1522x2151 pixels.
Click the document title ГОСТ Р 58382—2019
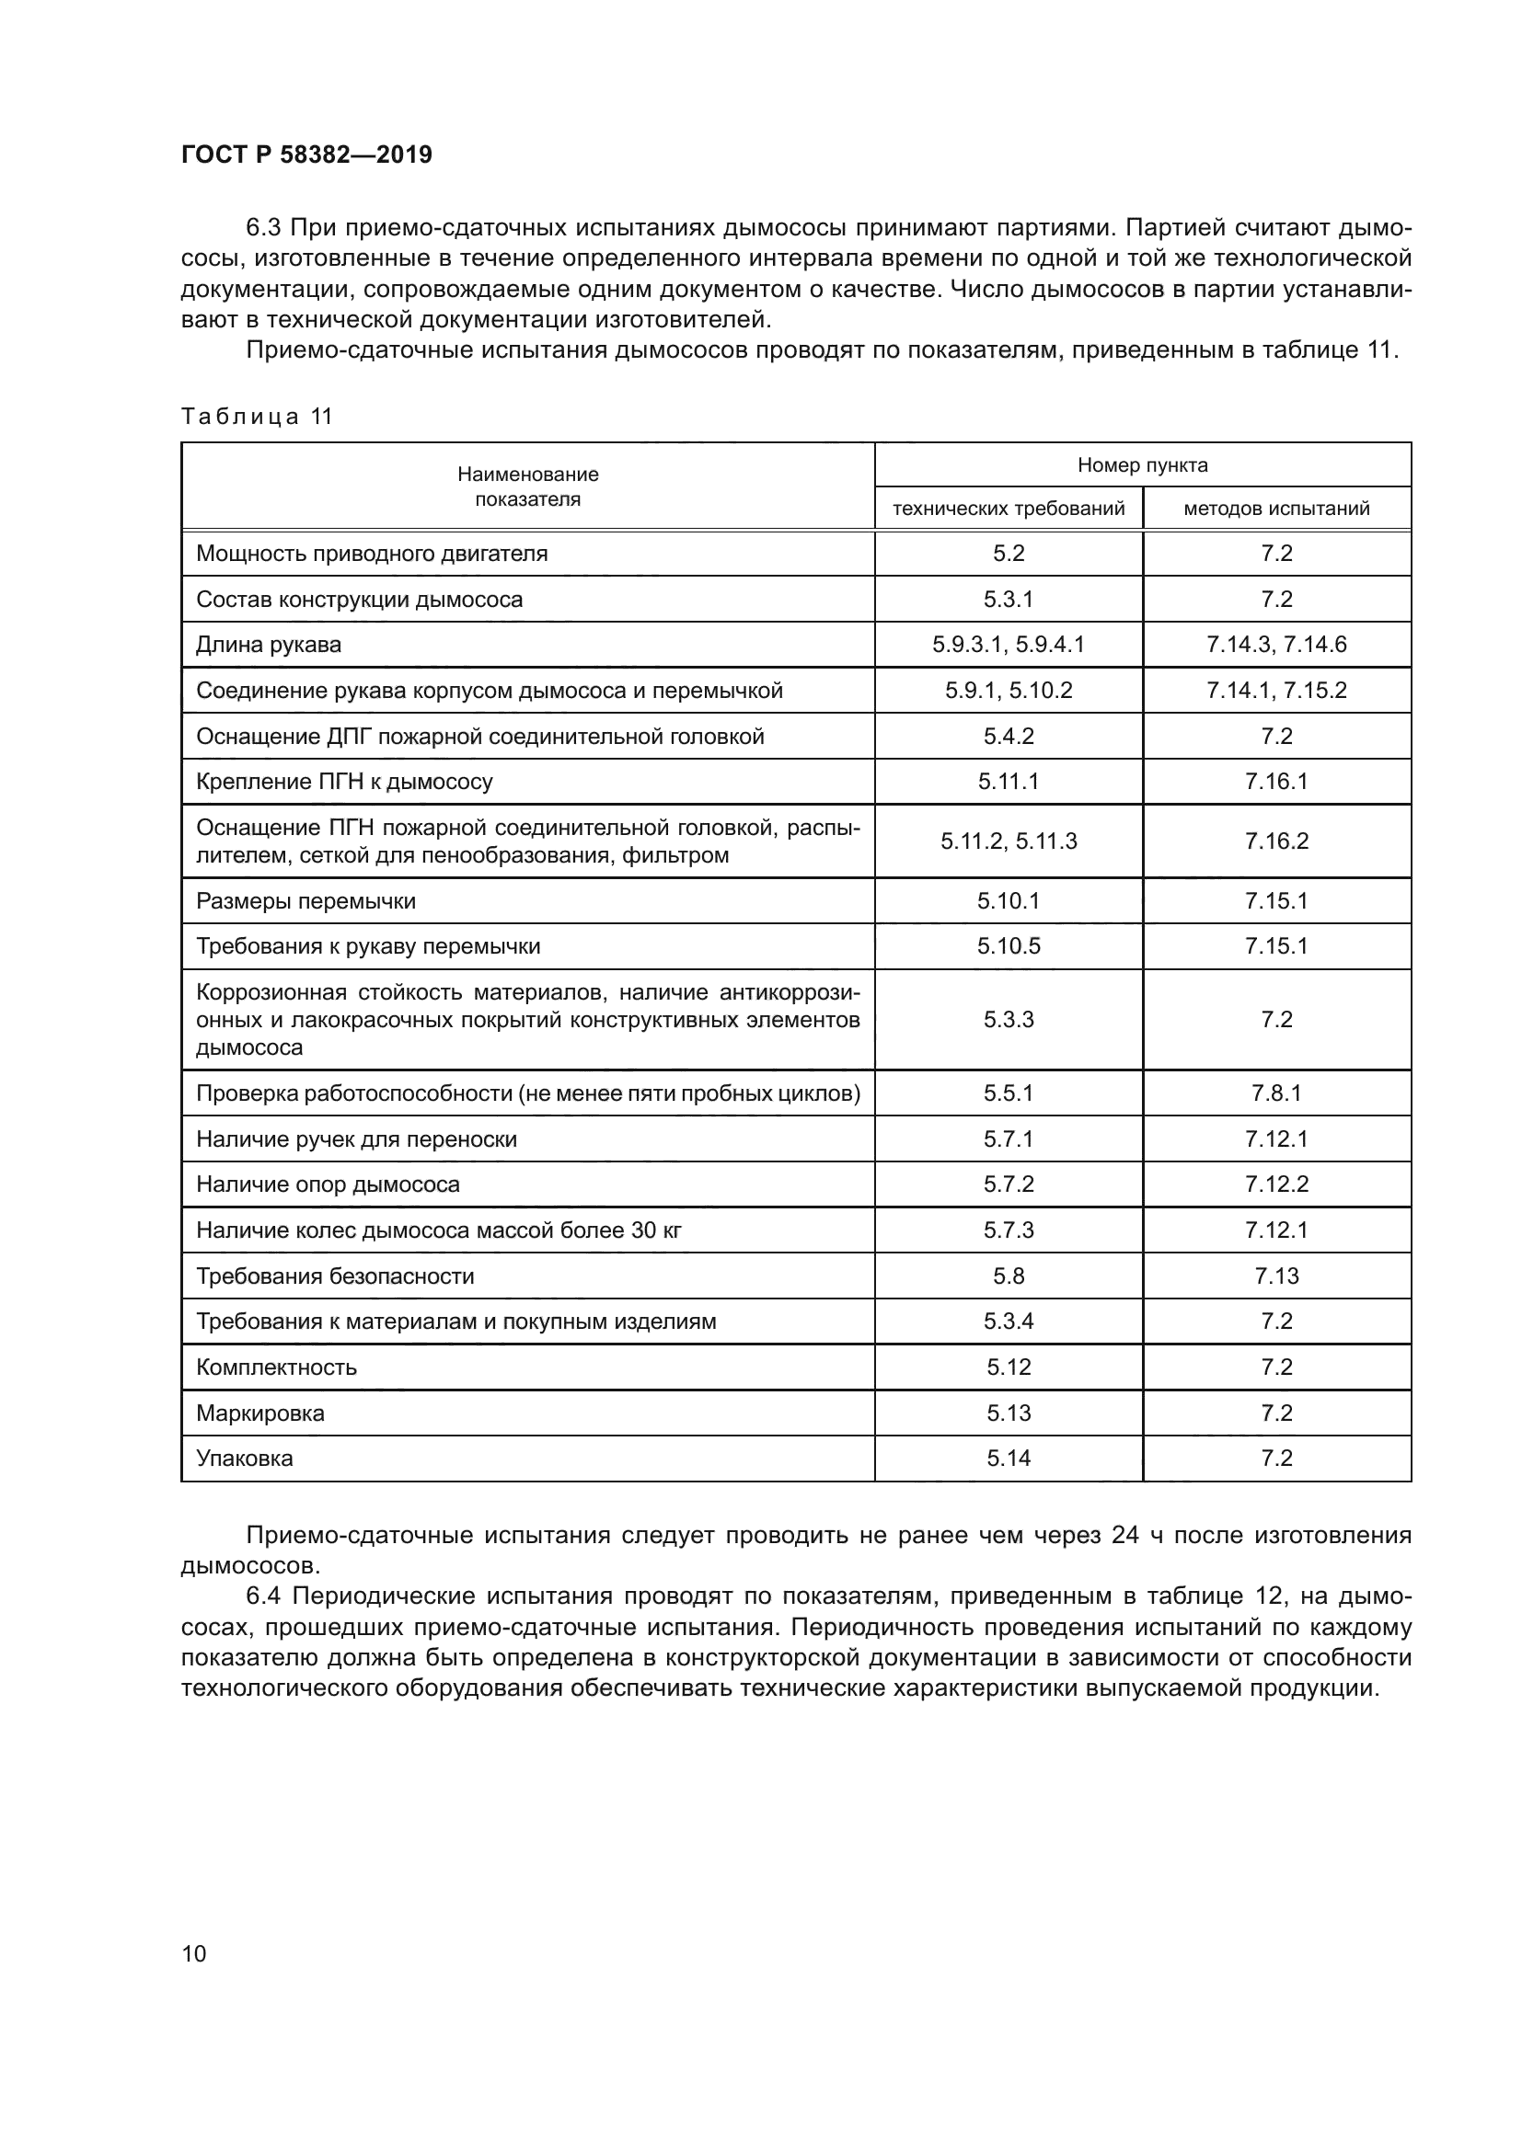[x=306, y=154]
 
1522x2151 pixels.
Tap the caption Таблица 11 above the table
[x=257, y=417]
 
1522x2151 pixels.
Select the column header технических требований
[x=1009, y=509]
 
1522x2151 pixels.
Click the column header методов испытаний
[x=1276, y=509]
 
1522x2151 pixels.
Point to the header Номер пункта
[x=1143, y=464]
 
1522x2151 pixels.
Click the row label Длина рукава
[x=268, y=645]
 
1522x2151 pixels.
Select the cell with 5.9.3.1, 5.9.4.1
[x=1009, y=645]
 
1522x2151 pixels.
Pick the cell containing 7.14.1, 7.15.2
[x=1276, y=691]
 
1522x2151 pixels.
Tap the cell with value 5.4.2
[x=1009, y=737]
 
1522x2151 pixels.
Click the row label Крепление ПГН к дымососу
[x=344, y=782]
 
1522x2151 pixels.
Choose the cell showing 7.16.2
[x=1276, y=841]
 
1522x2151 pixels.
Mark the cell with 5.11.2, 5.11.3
[x=1009, y=841]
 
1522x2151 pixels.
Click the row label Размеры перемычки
[x=306, y=901]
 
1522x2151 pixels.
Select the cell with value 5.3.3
[x=1009, y=1019]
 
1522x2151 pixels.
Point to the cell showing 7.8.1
[x=1276, y=1093]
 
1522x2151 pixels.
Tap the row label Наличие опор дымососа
[x=328, y=1184]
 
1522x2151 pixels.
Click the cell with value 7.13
[x=1276, y=1276]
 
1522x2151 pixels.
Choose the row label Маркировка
[x=259, y=1413]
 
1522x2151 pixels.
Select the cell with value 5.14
[x=1009, y=1459]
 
